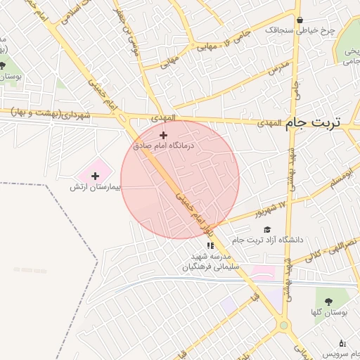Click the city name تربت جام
[x=312, y=122]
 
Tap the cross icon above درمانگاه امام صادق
[x=164, y=135]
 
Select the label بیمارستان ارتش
[x=96, y=188]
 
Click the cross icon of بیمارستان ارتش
[x=96, y=176]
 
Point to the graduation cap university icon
[x=266, y=229]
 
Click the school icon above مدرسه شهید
[x=210, y=245]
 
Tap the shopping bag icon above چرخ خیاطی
[x=301, y=20]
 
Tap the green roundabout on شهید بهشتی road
[x=284, y=326]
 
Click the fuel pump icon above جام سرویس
[x=342, y=343]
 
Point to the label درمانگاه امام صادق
[x=167, y=146]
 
